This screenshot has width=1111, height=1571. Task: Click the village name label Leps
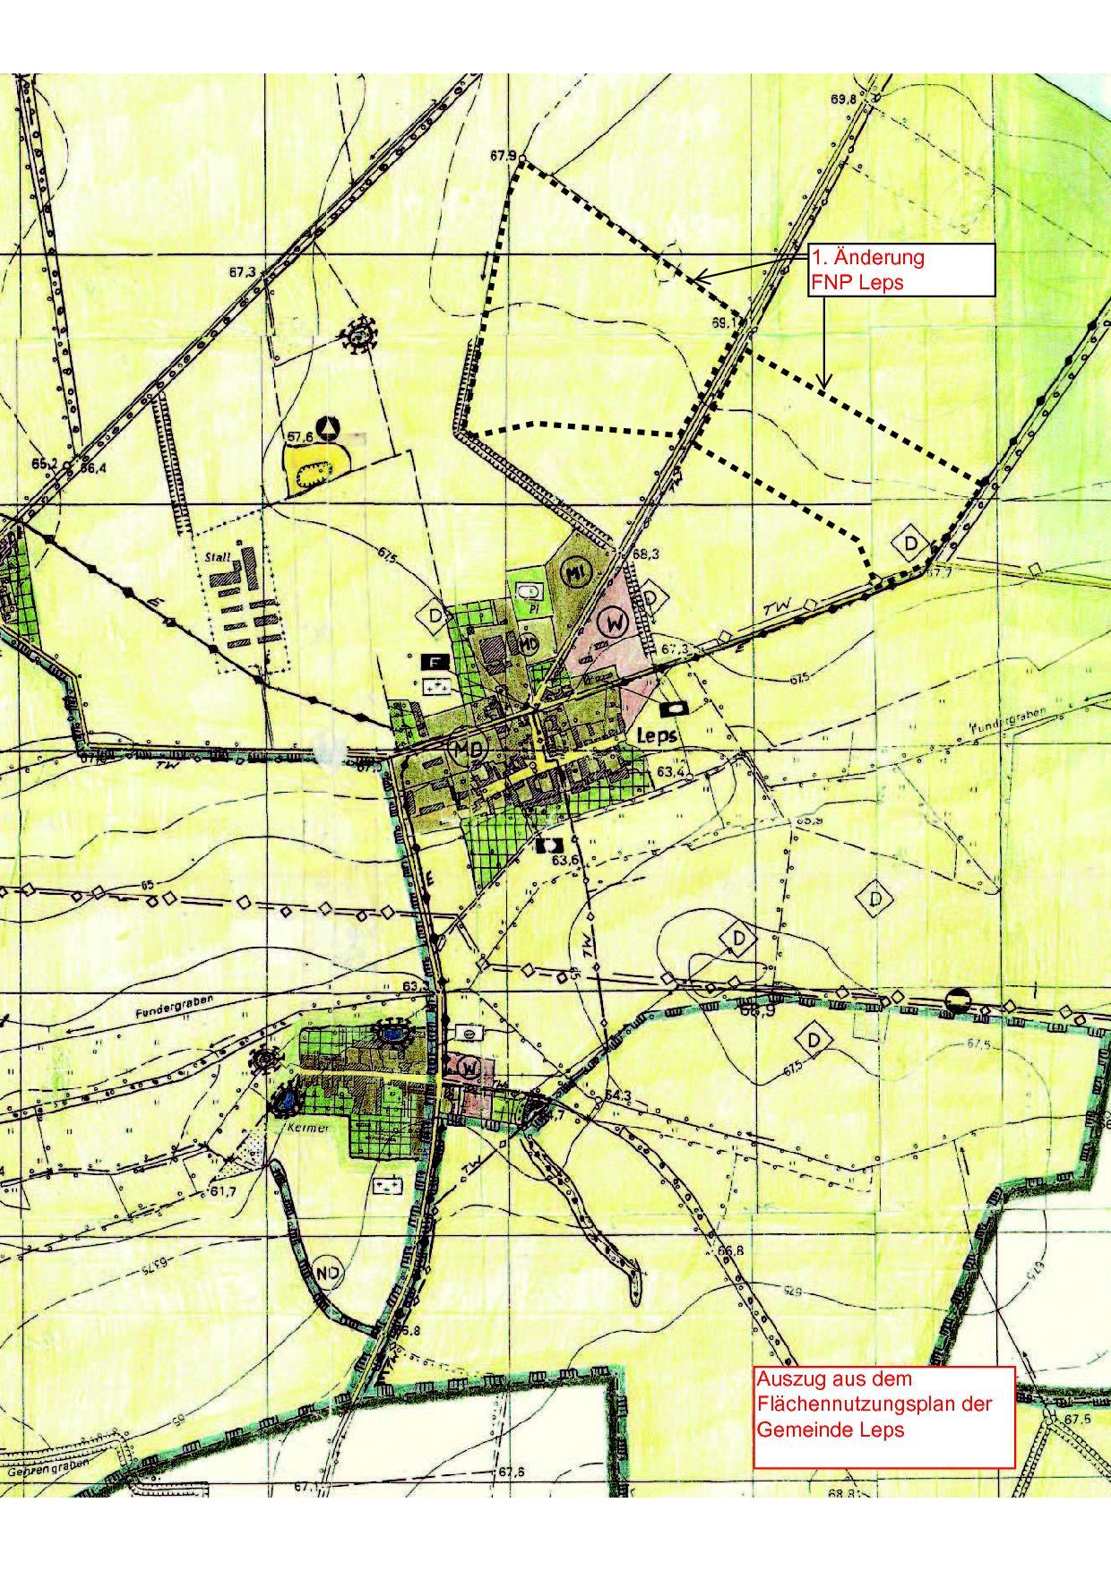(x=654, y=733)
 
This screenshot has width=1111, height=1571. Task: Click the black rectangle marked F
(x=435, y=663)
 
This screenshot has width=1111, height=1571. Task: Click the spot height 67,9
(x=502, y=156)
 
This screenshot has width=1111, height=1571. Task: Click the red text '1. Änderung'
(x=867, y=258)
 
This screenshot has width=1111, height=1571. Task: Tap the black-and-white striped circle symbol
(x=958, y=1000)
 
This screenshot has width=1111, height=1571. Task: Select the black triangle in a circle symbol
(x=331, y=426)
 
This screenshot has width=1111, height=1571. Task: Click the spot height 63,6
(x=565, y=860)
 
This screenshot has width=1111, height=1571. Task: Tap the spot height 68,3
(x=645, y=555)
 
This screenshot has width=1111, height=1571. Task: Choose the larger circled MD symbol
(x=467, y=749)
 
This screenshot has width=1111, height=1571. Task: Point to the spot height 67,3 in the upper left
(x=242, y=272)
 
